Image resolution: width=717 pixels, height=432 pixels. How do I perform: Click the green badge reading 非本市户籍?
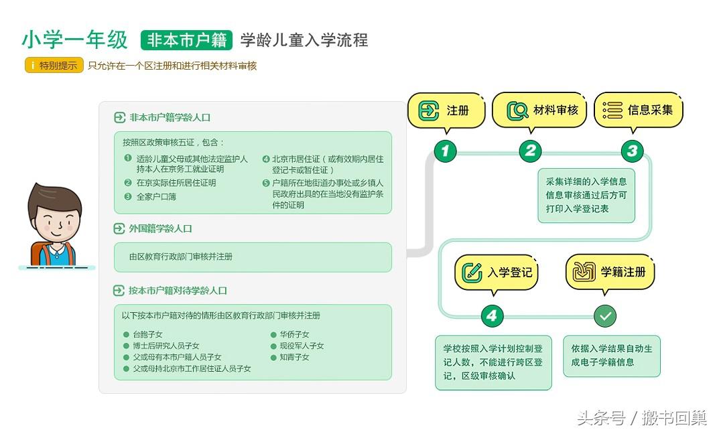(186, 40)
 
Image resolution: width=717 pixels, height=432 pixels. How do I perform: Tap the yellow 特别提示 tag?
(54, 66)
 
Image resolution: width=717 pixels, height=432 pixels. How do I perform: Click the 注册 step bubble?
(446, 111)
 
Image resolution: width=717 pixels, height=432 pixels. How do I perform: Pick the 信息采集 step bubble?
(638, 110)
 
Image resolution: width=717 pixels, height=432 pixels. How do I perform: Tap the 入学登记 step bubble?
(496, 273)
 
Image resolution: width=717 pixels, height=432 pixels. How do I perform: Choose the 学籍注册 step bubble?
(610, 272)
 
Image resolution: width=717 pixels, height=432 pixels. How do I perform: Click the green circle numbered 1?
(445, 151)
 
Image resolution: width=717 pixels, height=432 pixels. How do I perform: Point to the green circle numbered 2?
(530, 151)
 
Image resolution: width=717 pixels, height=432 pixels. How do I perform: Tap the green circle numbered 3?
(631, 151)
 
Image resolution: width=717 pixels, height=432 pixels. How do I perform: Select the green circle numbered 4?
(493, 316)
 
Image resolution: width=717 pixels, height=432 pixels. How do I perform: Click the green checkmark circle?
(605, 316)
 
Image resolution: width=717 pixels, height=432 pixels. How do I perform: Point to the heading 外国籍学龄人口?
(160, 228)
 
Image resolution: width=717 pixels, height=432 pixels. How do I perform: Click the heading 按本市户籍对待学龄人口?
(178, 291)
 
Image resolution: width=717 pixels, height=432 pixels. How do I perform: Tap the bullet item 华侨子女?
(294, 334)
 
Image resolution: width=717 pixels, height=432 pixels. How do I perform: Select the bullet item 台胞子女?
(147, 334)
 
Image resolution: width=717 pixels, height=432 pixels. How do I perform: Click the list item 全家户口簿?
(156, 197)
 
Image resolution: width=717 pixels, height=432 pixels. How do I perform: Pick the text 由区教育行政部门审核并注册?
(181, 257)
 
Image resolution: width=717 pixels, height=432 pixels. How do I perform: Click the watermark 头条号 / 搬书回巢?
(641, 419)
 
